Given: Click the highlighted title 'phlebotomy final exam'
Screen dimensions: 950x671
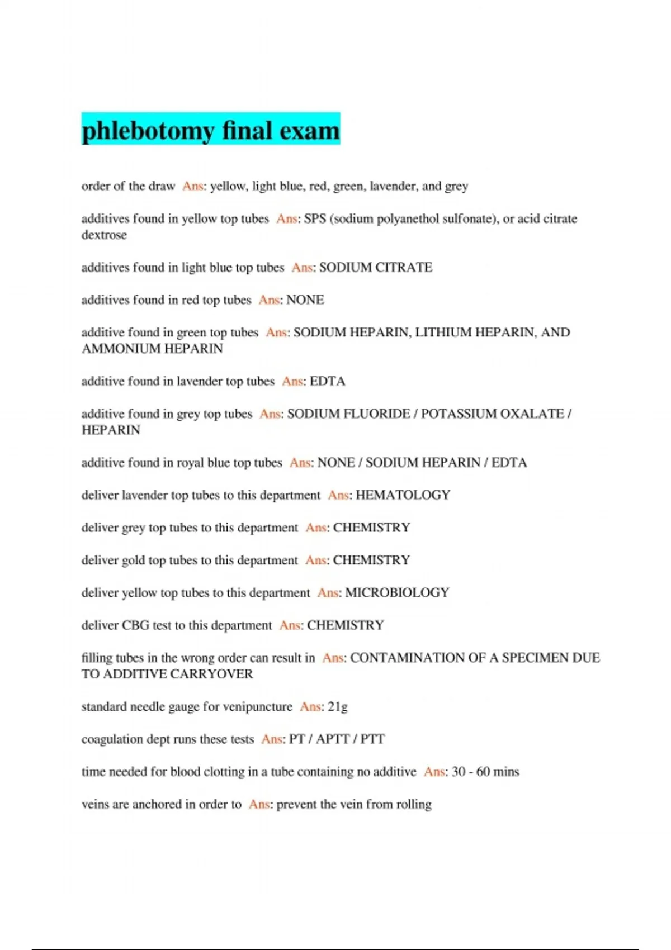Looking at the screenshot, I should (211, 130).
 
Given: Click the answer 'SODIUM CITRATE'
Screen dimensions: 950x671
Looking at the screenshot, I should (376, 268).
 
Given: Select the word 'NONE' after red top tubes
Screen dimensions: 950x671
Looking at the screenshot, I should (305, 300).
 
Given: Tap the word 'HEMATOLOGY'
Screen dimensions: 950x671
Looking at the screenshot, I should (403, 495).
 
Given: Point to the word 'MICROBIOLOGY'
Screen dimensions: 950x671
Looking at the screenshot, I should (397, 593).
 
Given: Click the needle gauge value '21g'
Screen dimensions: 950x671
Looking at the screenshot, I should (338, 707).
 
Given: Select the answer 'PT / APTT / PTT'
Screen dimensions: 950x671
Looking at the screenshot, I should (337, 739).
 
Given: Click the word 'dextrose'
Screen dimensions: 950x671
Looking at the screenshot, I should (104, 235).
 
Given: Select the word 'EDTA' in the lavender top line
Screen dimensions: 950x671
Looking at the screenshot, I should (328, 381).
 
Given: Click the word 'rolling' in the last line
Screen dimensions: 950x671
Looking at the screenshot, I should (414, 805).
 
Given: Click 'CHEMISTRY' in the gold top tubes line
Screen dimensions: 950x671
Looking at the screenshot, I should (371, 560).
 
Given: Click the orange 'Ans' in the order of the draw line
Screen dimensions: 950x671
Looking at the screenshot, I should (192, 186).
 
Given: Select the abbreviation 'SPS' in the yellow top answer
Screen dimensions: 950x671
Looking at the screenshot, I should (315, 219).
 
